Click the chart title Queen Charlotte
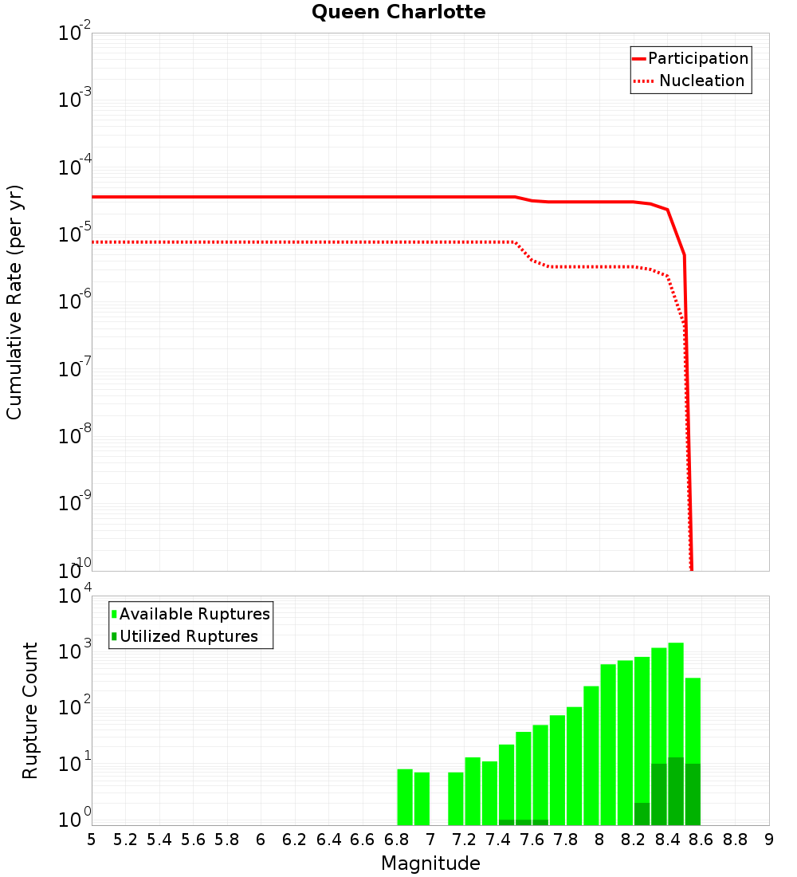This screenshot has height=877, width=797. pyautogui.click(x=398, y=12)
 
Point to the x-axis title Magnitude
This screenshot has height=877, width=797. pyautogui.click(x=430, y=863)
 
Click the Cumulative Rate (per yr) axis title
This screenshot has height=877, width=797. pyautogui.click(x=14, y=301)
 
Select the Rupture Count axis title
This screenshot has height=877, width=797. pyautogui.click(x=30, y=710)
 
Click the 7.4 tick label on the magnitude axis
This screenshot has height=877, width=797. pyautogui.click(x=498, y=840)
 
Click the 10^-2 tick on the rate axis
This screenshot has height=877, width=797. pyautogui.click(x=75, y=33)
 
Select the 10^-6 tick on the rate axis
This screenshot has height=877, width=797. pyautogui.click(x=75, y=302)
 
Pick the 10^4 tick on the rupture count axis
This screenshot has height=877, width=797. pyautogui.click(x=77, y=596)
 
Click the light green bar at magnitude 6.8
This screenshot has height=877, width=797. pyautogui.click(x=405, y=797)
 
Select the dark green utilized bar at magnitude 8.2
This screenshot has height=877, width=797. pyautogui.click(x=642, y=814)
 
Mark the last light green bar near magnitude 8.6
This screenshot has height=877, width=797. pyautogui.click(x=693, y=718)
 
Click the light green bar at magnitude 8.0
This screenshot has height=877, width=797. pyautogui.click(x=608, y=745)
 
